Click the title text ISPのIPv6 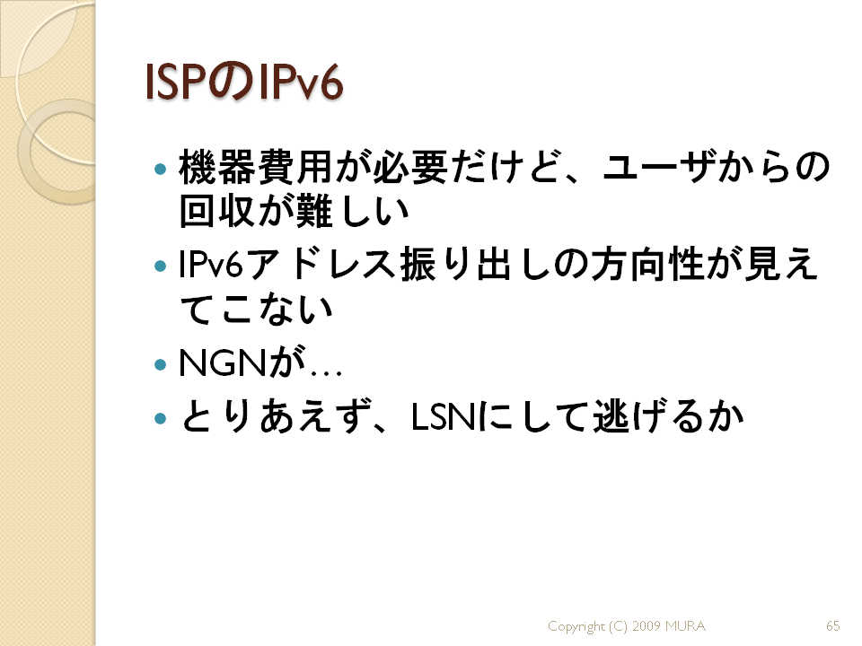[244, 83]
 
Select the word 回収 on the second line [216, 211]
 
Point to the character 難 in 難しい [314, 211]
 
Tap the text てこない [256, 309]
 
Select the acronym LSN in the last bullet [444, 417]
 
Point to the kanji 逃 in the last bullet [611, 416]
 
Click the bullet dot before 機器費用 [161, 169]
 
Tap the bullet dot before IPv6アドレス [161, 267]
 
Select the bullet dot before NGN [161, 365]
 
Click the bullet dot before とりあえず [161, 419]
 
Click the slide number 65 [833, 625]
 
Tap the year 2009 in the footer [646, 625]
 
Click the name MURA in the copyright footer [685, 625]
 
